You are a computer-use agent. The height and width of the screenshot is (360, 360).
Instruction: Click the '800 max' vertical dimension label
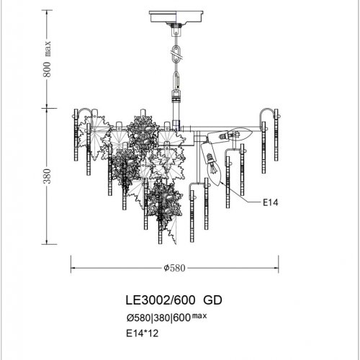pyautogui.click(x=48, y=61)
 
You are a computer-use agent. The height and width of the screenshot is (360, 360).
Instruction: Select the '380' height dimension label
pyautogui.click(x=48, y=176)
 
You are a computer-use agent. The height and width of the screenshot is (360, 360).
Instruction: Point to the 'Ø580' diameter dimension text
pyautogui.click(x=175, y=267)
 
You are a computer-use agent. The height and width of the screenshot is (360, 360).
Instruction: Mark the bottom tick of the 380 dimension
pyautogui.click(x=48, y=243)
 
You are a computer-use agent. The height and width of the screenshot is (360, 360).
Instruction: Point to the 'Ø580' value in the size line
pyautogui.click(x=138, y=318)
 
